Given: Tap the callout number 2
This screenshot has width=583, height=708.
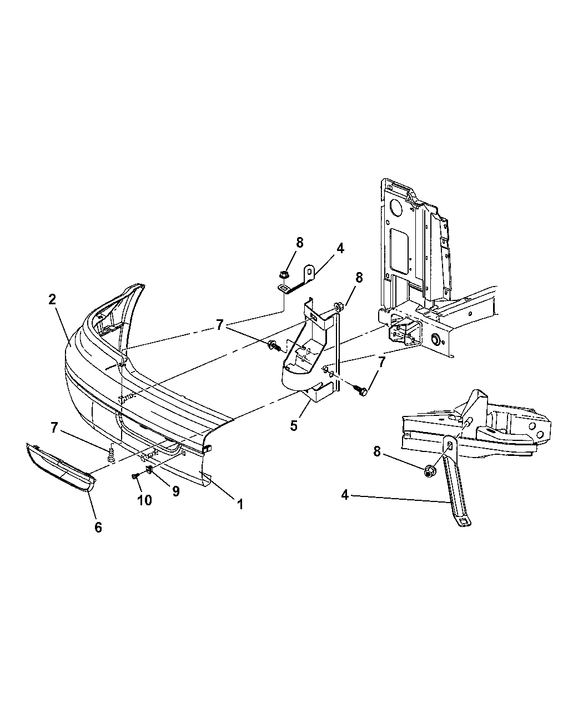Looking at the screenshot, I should coord(52,299).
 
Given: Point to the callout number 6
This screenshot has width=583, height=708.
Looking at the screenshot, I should coord(98,527).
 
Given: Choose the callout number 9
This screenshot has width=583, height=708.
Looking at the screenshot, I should coord(175,491).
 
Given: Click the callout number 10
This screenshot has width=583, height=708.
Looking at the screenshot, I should coord(144,500).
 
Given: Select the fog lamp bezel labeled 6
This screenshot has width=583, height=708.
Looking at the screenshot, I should coord(58,464).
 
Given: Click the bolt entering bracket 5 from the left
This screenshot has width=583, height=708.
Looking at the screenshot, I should coord(274,347).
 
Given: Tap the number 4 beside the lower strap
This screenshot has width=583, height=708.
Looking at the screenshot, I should coord(345,495).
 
